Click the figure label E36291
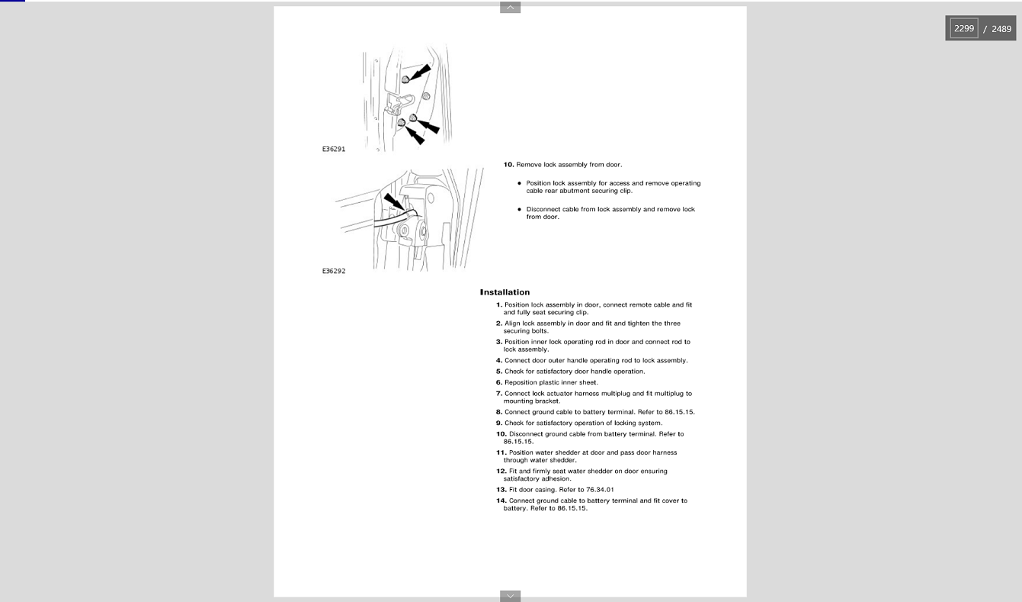point(334,150)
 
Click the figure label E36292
point(334,272)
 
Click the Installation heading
point(505,292)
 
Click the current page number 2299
point(964,28)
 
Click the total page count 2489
point(1001,29)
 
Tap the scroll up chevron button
point(510,8)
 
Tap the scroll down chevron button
point(510,596)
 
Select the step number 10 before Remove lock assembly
point(508,165)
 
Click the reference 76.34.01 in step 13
point(600,490)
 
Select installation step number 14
point(501,501)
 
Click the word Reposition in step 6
point(522,383)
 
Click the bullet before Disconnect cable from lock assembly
point(519,209)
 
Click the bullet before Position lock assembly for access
point(519,183)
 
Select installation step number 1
point(499,305)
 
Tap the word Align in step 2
point(512,324)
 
